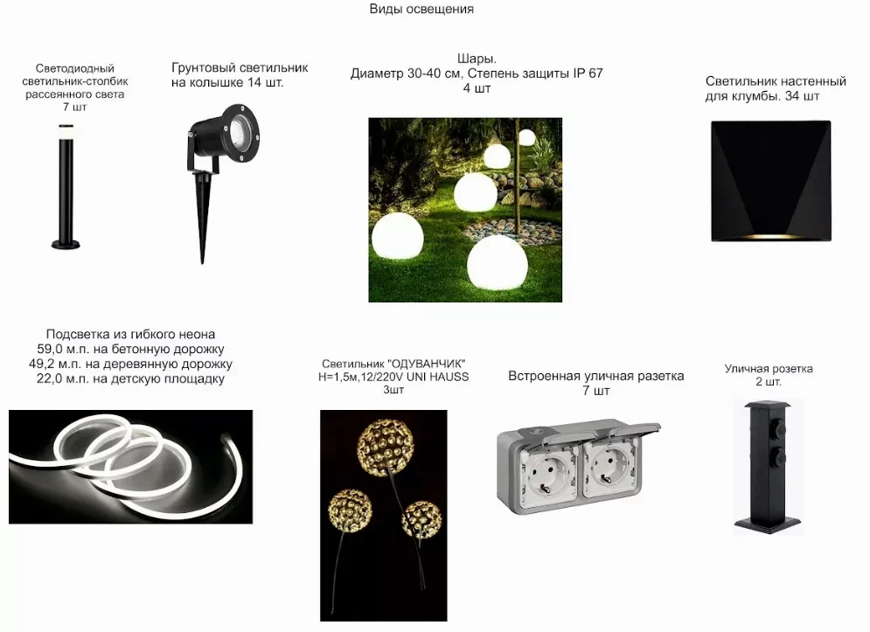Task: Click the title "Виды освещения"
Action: point(421,9)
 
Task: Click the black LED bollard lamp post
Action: point(66,186)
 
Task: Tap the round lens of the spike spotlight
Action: point(239,131)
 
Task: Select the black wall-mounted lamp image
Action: point(771,181)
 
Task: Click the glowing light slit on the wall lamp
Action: point(771,236)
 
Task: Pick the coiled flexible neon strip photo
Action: point(130,467)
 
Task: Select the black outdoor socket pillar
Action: point(769,467)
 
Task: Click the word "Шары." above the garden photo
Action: point(477,59)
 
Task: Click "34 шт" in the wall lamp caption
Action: point(803,96)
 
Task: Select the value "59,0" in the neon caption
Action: point(51,349)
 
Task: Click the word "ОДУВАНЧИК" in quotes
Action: point(426,364)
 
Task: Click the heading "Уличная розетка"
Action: point(769,368)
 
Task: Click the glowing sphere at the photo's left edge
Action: point(397,235)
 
